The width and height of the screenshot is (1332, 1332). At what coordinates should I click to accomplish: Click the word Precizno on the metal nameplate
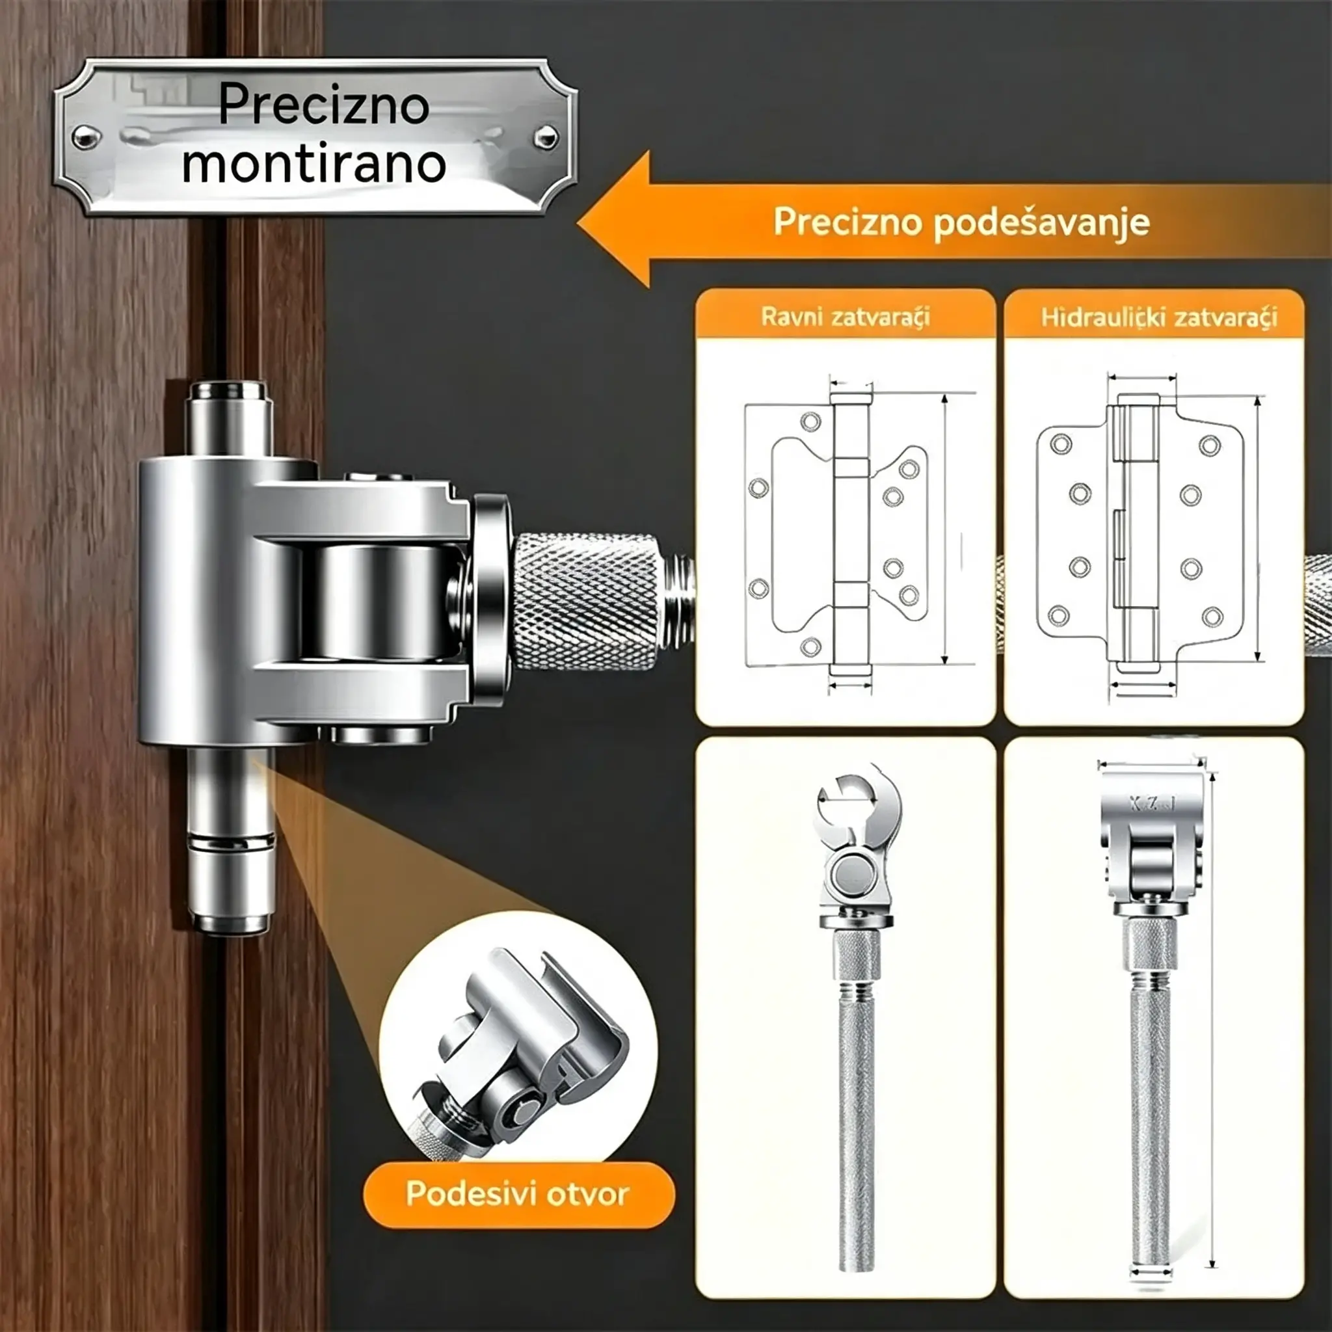coord(323,105)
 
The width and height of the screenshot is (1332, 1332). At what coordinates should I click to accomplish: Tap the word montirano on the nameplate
coord(314,163)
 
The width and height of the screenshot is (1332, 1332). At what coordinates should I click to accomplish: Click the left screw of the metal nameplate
coord(85,137)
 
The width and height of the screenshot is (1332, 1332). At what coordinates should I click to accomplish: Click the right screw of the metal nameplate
coord(547,137)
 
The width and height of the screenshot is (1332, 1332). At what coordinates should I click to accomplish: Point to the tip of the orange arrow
coord(578,222)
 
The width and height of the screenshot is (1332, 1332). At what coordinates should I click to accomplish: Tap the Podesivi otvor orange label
coord(518,1193)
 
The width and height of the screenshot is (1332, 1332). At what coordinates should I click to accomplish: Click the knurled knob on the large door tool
coord(586,602)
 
